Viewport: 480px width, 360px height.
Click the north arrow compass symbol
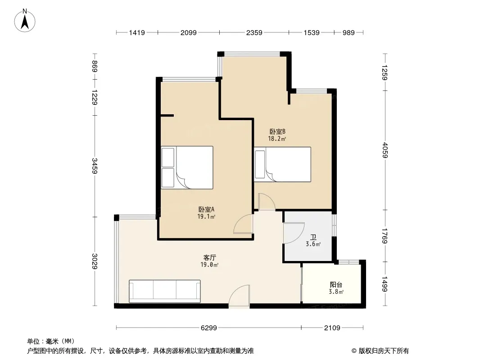click(x=25, y=21)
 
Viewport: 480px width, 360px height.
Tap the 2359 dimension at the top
click(x=254, y=32)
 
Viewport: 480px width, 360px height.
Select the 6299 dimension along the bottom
click(x=209, y=328)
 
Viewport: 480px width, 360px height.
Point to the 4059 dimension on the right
click(x=385, y=150)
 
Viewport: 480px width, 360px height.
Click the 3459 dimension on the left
click(x=95, y=166)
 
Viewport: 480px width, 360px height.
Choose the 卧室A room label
click(x=206, y=210)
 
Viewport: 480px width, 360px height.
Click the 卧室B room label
click(x=277, y=131)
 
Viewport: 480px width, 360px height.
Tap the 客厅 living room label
click(x=209, y=257)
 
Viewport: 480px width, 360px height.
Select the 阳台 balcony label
click(x=336, y=285)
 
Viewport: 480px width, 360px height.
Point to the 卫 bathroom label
click(x=313, y=237)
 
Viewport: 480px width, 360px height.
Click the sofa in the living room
click(x=165, y=291)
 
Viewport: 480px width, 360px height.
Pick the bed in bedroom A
click(x=187, y=167)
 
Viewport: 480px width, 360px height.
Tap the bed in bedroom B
click(x=282, y=164)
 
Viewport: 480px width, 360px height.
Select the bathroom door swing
click(x=294, y=233)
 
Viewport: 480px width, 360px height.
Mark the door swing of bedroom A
click(x=243, y=224)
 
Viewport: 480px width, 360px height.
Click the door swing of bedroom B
click(x=267, y=202)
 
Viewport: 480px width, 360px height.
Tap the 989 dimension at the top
click(x=349, y=32)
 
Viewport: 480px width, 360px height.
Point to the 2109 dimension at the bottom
click(x=332, y=328)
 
